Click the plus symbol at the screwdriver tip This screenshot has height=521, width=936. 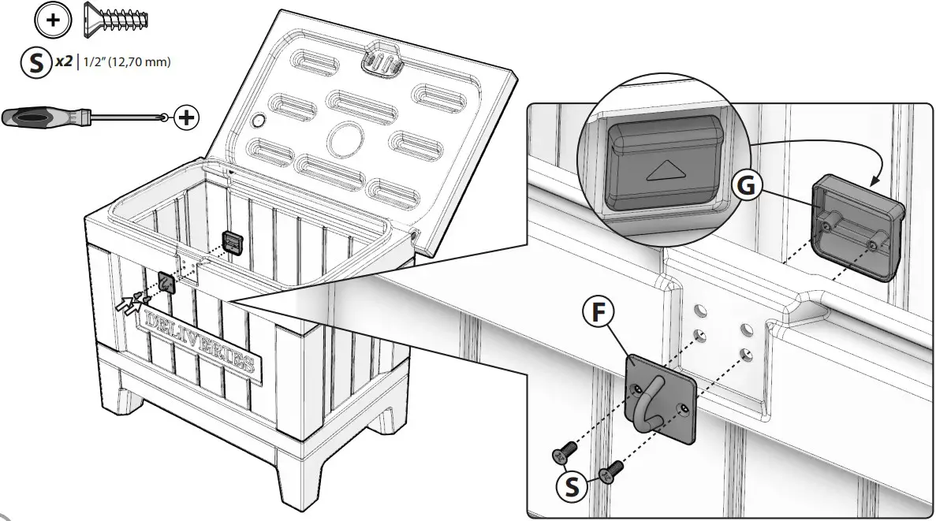tap(186, 118)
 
